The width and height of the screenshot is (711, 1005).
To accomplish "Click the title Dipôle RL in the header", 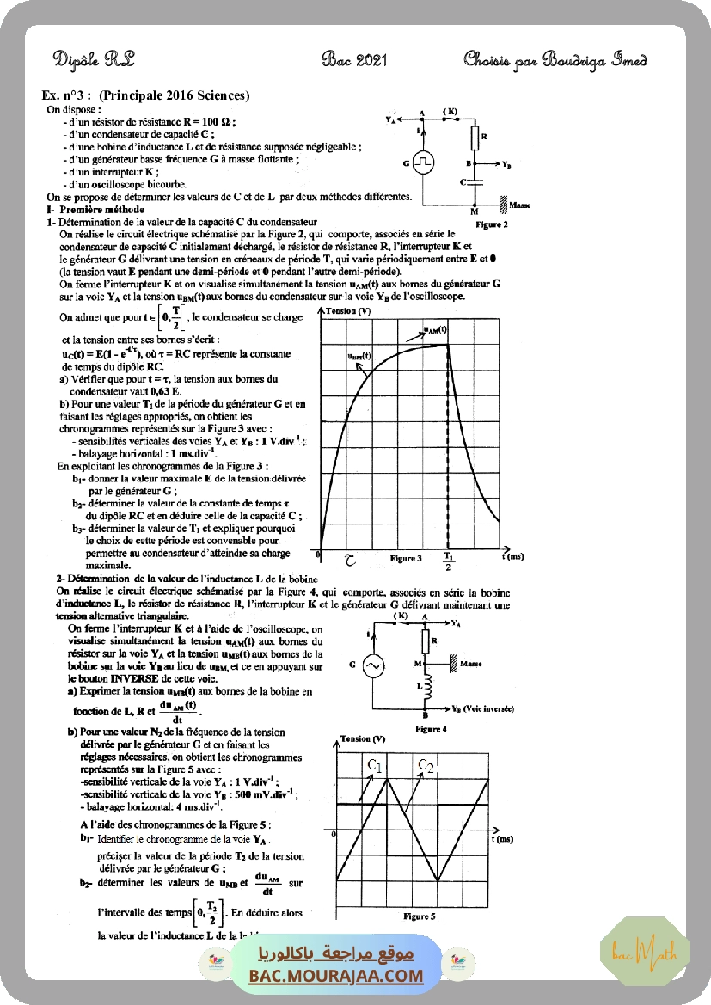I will (x=94, y=58).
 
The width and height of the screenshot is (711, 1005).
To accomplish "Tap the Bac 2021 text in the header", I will (x=354, y=58).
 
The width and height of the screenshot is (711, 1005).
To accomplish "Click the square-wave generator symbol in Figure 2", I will (x=421, y=162).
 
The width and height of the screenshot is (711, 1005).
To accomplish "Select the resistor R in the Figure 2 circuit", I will (x=474, y=138).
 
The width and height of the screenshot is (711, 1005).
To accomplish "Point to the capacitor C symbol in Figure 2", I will (x=474, y=182).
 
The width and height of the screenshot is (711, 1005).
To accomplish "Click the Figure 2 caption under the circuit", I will (x=491, y=224).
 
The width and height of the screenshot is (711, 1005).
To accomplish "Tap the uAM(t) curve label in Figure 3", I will (x=435, y=329).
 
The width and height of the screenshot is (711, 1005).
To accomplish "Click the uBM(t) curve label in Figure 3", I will (x=359, y=354).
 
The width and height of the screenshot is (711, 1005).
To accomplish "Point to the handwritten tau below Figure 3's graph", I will (x=349, y=560).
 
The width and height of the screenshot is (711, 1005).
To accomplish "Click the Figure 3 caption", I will (x=405, y=558).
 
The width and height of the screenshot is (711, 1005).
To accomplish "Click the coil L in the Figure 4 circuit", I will (x=424, y=689).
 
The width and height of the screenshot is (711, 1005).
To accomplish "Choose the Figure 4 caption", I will (x=430, y=729).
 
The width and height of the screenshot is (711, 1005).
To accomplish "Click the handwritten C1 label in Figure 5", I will (x=374, y=764).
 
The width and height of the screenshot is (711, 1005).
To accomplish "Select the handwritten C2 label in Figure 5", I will (x=426, y=764).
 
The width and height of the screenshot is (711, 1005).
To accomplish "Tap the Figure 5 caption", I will (x=420, y=916).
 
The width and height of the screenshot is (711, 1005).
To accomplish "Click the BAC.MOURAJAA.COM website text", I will (x=336, y=976).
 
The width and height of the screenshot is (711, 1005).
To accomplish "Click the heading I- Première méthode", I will (x=95, y=210).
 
